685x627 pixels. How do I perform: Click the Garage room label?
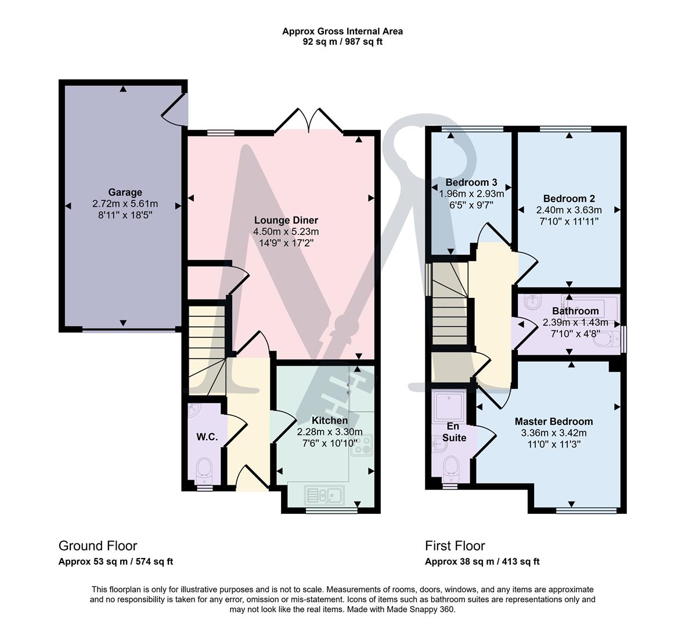(x=125, y=192)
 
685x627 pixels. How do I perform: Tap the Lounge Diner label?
(x=286, y=220)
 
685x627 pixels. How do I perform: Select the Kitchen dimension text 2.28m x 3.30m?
(x=330, y=431)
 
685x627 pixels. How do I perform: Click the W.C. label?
(x=207, y=437)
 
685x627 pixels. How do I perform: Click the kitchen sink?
(x=325, y=495)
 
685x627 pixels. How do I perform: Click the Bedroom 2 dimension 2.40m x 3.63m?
(x=569, y=210)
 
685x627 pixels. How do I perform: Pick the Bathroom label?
(x=575, y=311)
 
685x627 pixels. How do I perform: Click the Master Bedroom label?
(x=553, y=421)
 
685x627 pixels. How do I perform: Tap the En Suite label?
(x=454, y=432)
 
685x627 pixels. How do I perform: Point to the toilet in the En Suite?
(x=450, y=469)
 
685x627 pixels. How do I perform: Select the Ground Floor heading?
(x=98, y=546)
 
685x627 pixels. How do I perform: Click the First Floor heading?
(x=455, y=546)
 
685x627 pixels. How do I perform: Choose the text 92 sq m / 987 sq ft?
(x=342, y=42)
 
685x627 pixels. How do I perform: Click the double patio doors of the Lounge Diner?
(x=309, y=121)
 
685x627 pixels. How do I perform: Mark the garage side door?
(x=175, y=110)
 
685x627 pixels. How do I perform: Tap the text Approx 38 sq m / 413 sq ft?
(x=482, y=561)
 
